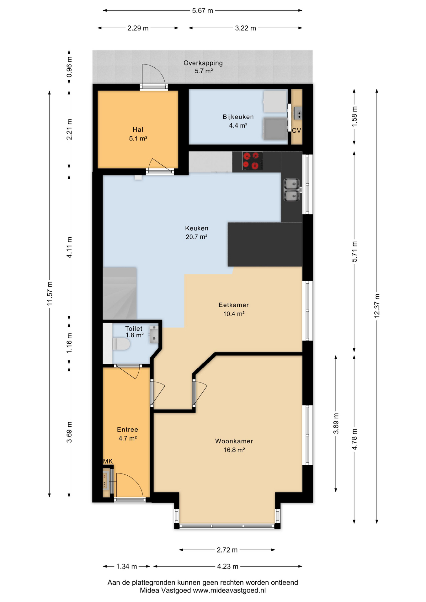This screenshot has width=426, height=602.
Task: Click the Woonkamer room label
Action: (x=234, y=441)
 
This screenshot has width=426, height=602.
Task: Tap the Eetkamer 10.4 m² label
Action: (x=234, y=309)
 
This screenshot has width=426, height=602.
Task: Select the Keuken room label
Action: (x=197, y=228)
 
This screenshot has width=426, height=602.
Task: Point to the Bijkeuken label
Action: (x=238, y=117)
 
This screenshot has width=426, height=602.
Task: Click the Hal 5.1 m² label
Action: (x=138, y=134)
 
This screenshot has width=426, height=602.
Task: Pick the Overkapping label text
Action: (x=203, y=63)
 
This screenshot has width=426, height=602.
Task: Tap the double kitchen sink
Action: (x=292, y=189)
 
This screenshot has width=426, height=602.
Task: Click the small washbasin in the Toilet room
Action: (x=154, y=334)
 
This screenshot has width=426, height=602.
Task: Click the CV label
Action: (x=296, y=131)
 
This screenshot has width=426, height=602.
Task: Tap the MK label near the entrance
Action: (x=108, y=461)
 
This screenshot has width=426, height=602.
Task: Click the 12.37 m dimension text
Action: (x=377, y=306)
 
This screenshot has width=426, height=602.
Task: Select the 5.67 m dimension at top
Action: (x=202, y=11)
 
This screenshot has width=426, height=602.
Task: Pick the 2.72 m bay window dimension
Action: (x=227, y=550)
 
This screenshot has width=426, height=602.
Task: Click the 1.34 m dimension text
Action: (x=126, y=566)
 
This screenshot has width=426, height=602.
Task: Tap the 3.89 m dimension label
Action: (x=336, y=423)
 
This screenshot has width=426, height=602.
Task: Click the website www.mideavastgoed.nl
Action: (x=229, y=590)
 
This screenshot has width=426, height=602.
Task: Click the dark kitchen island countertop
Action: (x=264, y=245)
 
